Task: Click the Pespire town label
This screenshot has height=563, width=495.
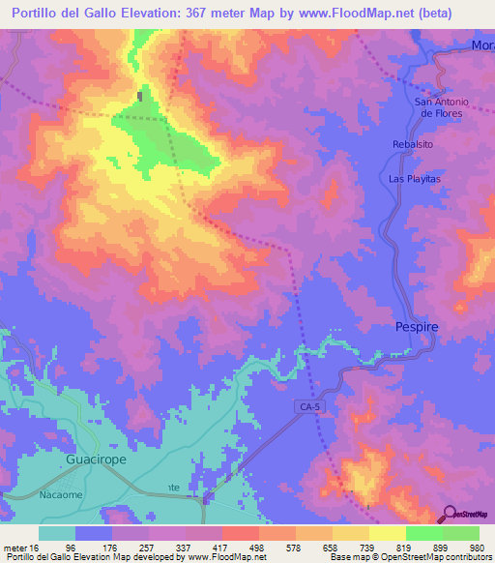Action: click(418, 327)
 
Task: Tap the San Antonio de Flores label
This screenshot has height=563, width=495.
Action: click(440, 107)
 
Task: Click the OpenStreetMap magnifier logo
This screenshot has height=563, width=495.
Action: click(451, 512)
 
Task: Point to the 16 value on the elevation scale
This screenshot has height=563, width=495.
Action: click(35, 546)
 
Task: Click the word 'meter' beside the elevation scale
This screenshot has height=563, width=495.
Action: click(15, 546)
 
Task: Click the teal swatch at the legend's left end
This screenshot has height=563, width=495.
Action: click(57, 533)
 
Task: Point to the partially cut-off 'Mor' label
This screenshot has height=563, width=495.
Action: click(481, 45)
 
